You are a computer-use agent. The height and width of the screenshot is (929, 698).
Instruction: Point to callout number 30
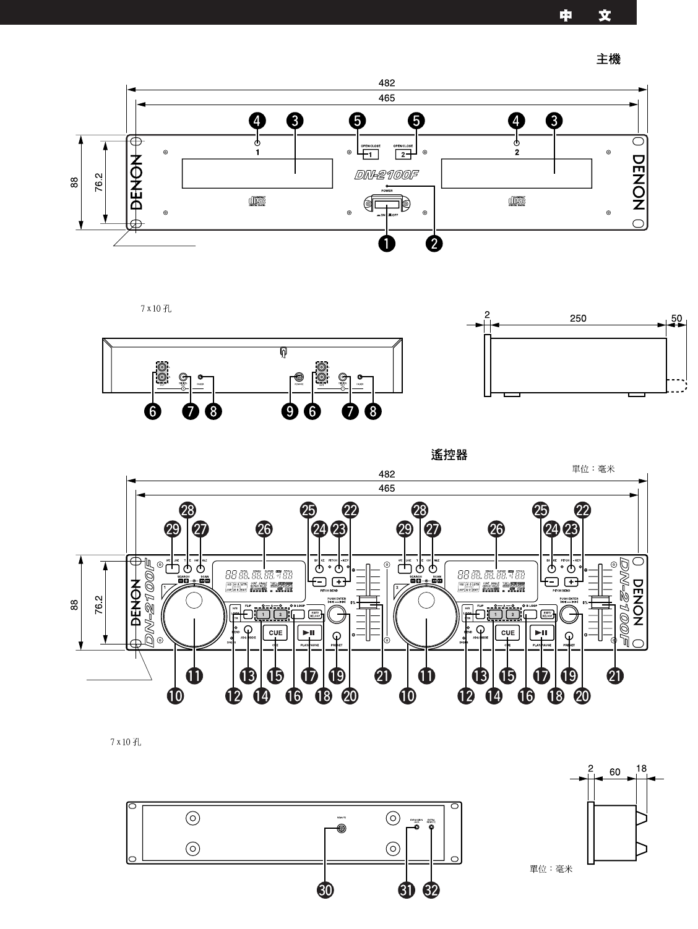[x=324, y=889]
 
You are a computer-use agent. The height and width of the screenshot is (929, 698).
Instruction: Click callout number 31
[x=407, y=889]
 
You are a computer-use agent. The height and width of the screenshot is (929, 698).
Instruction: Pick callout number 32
[x=431, y=889]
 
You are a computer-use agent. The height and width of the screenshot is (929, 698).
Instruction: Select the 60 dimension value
[x=614, y=772]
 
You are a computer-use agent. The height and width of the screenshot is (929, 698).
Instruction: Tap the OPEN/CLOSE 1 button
[x=370, y=154]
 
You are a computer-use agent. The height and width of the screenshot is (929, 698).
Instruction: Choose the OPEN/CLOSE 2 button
[x=403, y=154]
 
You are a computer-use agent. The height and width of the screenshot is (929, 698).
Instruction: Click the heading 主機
[x=608, y=59]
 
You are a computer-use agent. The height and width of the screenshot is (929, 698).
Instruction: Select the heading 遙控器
[x=449, y=455]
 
